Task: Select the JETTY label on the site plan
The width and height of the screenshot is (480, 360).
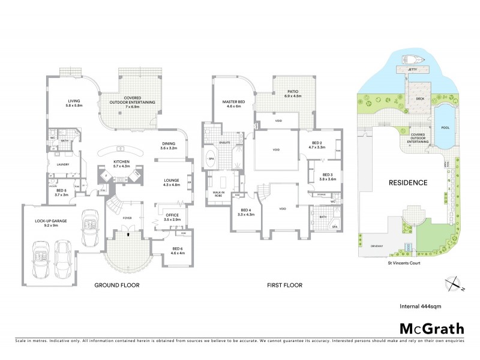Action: click(x=411, y=70)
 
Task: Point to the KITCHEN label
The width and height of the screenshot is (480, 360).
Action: click(x=122, y=163)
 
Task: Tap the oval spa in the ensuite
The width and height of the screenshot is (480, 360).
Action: click(x=211, y=160)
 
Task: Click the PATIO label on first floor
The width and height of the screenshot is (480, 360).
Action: click(x=292, y=93)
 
